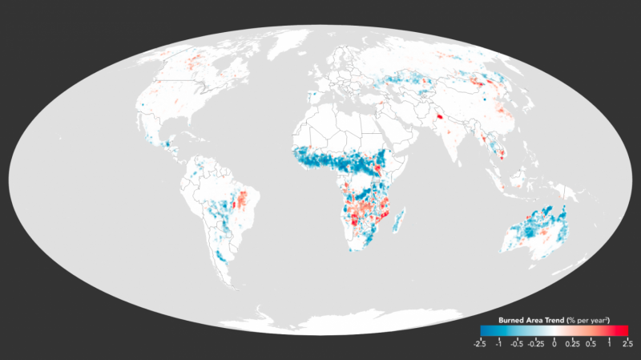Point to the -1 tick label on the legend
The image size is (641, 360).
499,344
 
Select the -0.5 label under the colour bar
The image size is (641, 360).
517,344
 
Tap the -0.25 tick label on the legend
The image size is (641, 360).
535,344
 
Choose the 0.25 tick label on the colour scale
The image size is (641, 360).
572,344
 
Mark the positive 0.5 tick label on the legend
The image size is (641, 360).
591,344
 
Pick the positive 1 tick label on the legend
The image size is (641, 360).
609,344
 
